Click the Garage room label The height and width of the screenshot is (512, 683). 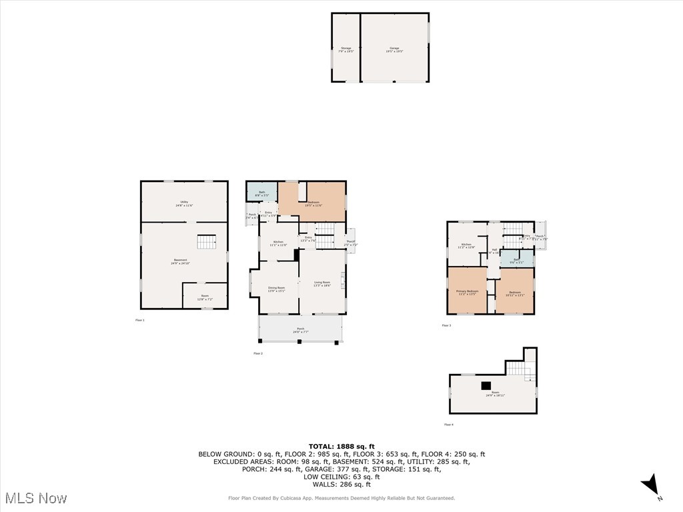(x=394, y=49)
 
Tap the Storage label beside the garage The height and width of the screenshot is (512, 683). (x=346, y=49)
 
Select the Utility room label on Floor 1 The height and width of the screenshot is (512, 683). (x=184, y=203)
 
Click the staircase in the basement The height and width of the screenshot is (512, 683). (x=206, y=242)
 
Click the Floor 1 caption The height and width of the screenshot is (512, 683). (x=139, y=320)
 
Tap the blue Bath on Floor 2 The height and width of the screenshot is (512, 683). (x=261, y=193)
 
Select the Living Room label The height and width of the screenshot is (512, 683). (x=322, y=284)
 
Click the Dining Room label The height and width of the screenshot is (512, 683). (x=276, y=289)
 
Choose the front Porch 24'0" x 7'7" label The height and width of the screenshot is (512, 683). (x=301, y=330)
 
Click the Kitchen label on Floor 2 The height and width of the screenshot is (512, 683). (x=278, y=243)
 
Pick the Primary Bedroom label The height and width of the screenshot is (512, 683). (x=467, y=293)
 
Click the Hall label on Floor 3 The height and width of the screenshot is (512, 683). (x=494, y=251)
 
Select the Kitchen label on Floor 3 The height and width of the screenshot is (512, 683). (x=466, y=246)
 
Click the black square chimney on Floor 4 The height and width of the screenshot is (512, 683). (x=486, y=385)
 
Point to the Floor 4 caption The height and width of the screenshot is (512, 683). (x=449, y=424)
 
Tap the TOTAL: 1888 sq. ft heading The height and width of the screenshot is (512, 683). (x=341, y=446)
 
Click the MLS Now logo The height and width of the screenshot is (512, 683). (x=36, y=498)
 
